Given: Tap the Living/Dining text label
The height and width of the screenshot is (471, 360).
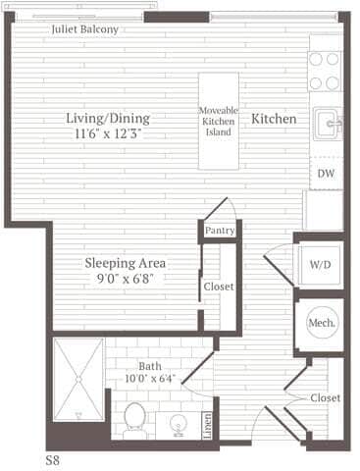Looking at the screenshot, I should pos(108,118).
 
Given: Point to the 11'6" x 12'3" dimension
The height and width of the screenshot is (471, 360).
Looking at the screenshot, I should pos(108,133).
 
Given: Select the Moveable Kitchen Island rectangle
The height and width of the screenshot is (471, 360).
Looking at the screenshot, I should pos(219,120).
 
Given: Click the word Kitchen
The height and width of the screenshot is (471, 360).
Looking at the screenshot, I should pos(274,119).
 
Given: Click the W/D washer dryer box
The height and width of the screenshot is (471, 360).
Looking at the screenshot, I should pos(321,265).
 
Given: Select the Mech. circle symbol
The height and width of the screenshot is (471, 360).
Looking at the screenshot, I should pos(322,322).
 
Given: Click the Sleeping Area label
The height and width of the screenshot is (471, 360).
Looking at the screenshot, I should pos(125,263).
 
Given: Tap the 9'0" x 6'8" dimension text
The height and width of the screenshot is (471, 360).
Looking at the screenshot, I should pos(125,279).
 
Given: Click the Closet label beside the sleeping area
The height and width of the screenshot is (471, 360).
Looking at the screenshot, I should pos(218,288).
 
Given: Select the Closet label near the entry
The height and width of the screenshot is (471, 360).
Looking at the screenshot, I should pos(325,397).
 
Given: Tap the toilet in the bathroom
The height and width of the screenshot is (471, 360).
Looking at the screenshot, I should pos(135,416).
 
